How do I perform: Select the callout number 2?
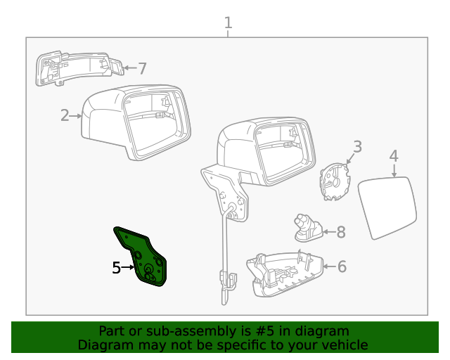click(x=65, y=115)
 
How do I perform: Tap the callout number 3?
click(x=357, y=147)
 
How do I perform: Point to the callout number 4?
click(x=394, y=156)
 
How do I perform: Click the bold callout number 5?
click(x=117, y=267)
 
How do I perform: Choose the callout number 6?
click(x=342, y=266)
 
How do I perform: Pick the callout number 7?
click(x=142, y=68)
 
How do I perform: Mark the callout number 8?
click(x=341, y=231)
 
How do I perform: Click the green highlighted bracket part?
click(x=144, y=257)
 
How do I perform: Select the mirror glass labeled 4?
click(x=387, y=208)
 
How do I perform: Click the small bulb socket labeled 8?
click(x=308, y=228)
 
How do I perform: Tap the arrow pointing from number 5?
click(x=129, y=267)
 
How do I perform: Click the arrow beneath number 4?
click(x=394, y=169)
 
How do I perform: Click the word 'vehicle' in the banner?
click(x=344, y=345)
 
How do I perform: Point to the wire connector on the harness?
click(x=226, y=280)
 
